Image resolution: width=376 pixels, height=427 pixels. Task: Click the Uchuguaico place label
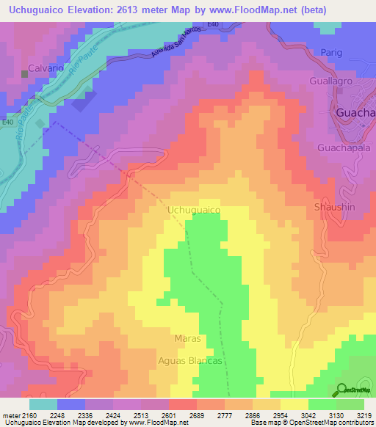195,210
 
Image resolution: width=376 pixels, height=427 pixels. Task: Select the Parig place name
332,53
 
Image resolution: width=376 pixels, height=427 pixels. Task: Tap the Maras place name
188,339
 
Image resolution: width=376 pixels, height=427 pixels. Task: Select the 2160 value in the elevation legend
25,416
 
